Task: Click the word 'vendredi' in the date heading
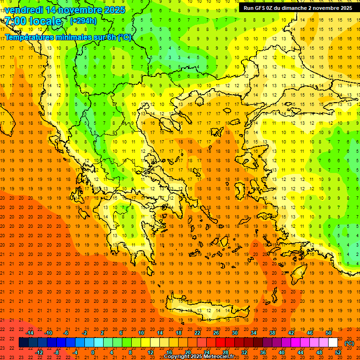(23, 10)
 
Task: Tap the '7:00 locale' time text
(33, 21)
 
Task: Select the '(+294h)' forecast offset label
(83, 21)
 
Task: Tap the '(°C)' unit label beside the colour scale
(349, 343)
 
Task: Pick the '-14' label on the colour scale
(30, 333)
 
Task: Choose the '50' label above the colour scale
(328, 333)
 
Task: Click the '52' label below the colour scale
(338, 352)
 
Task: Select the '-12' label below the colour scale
(39, 352)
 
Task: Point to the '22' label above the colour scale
(197, 333)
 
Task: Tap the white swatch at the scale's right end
(333, 343)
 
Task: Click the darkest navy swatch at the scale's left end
(24, 343)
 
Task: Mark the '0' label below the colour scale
(93, 352)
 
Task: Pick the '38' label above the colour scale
(272, 333)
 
